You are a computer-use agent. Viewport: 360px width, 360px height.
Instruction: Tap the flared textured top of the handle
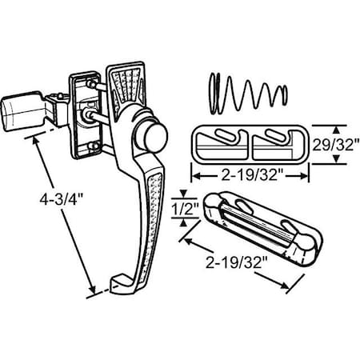coord(129,88)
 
